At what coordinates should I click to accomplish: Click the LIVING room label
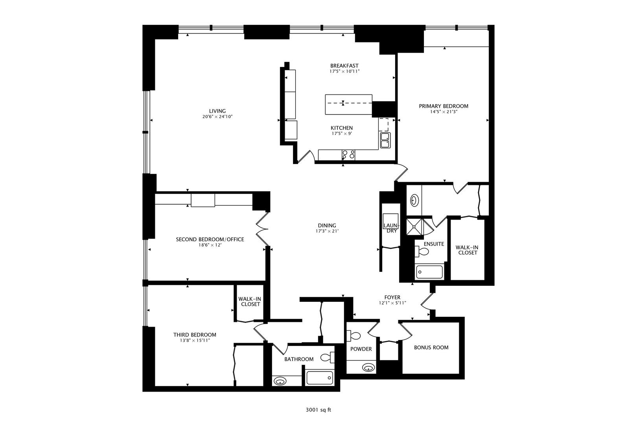217,111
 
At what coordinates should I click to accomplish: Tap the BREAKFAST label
344,66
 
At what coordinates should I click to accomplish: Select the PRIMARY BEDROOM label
443,106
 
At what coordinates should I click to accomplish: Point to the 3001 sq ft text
318,410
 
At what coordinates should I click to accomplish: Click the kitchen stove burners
348,155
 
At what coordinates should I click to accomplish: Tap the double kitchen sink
385,140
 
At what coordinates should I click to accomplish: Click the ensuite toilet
422,251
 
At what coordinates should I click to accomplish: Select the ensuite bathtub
429,272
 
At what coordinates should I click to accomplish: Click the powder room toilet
353,336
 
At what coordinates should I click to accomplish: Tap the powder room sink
368,368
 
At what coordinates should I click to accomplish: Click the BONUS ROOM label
431,347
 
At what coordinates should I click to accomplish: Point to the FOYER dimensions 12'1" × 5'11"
392,303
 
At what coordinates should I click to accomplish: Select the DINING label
327,225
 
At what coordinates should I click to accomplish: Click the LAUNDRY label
392,228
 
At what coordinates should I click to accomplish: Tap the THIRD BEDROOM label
195,335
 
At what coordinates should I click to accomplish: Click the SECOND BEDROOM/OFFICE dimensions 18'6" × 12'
210,245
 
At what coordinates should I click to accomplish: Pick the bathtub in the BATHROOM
320,378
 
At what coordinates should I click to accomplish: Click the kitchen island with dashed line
349,104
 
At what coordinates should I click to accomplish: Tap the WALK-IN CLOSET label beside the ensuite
467,250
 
